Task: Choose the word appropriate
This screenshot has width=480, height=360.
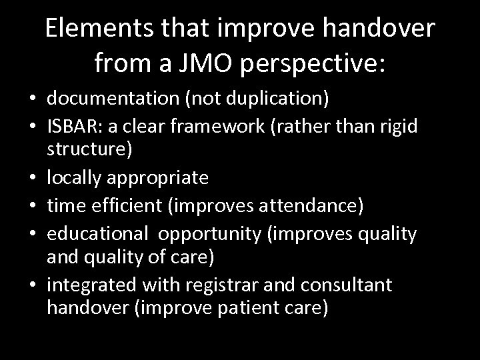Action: (x=159, y=178)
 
